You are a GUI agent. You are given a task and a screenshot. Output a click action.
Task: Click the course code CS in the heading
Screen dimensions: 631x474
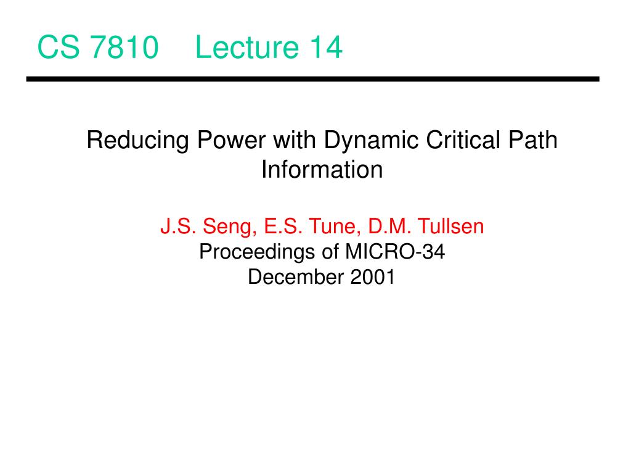(x=59, y=47)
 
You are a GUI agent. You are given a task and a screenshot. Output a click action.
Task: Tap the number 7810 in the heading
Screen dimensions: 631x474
(x=124, y=47)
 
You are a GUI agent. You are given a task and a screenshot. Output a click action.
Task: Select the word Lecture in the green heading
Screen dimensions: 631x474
(x=246, y=47)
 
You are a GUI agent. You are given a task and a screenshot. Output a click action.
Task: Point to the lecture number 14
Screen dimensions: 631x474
(x=327, y=47)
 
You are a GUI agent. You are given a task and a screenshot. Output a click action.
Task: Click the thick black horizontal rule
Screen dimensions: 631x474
(x=312, y=79)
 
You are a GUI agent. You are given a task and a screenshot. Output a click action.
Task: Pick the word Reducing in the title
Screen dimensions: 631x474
(x=137, y=141)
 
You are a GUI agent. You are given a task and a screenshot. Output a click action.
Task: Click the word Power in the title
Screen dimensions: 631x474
(x=231, y=140)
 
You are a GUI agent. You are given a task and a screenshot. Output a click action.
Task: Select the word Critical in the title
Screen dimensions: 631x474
(x=463, y=140)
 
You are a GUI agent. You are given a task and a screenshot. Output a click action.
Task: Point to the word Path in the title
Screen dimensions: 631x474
(x=533, y=140)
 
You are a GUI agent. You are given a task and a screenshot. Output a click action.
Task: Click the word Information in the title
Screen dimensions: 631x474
(x=322, y=169)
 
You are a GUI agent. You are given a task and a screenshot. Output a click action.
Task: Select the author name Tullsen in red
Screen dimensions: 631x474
(x=450, y=226)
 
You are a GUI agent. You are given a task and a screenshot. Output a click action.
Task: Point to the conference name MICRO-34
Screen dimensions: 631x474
(x=395, y=252)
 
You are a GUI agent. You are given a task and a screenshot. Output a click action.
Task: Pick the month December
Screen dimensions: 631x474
(x=296, y=277)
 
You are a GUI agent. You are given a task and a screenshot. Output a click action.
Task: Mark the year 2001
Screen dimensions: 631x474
(x=373, y=277)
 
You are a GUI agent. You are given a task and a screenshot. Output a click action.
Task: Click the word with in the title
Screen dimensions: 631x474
(x=295, y=140)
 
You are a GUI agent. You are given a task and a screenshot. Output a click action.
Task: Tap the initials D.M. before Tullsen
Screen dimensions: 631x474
(x=389, y=226)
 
